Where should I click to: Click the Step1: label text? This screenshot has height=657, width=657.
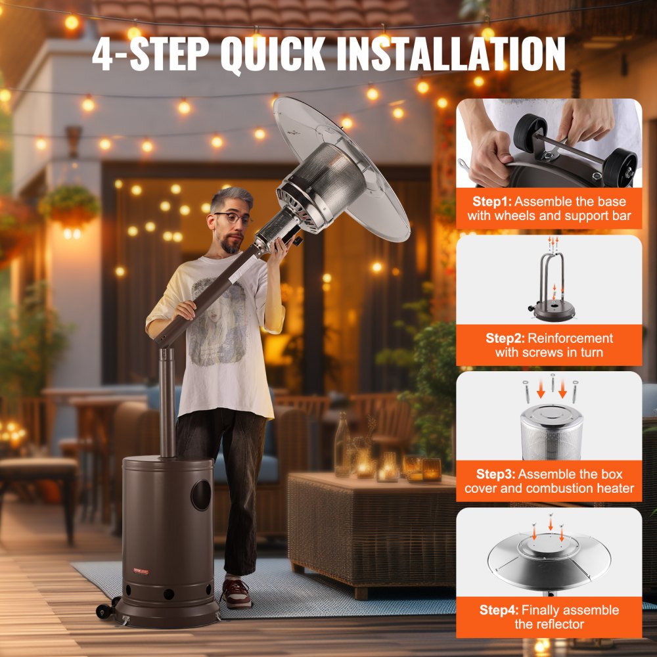[x=497, y=202]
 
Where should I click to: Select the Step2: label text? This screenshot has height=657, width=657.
[x=505, y=338]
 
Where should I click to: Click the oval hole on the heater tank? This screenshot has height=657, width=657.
[x=201, y=495]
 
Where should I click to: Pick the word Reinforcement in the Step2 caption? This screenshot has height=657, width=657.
[x=570, y=338]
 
